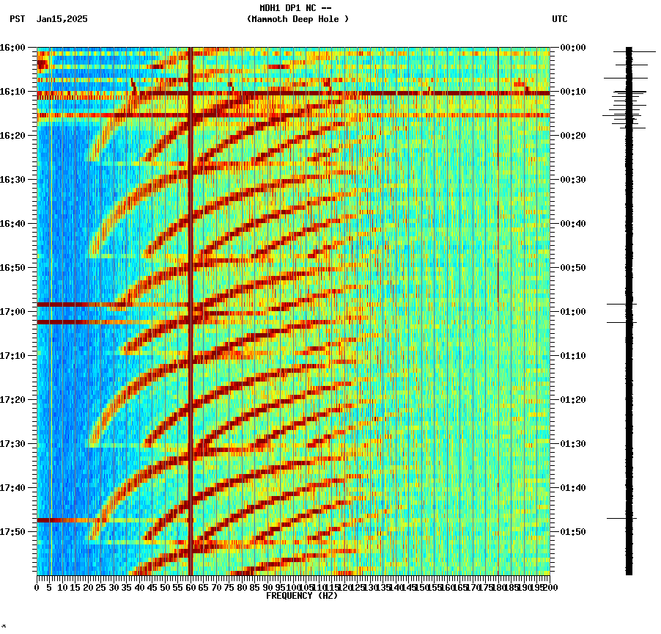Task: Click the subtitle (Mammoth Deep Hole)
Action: (298, 19)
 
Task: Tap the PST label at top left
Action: (18, 19)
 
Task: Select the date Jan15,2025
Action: (62, 19)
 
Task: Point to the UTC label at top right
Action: (560, 19)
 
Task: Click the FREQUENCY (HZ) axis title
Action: (302, 596)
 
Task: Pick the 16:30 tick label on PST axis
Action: (12, 180)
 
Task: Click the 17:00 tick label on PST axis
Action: (12, 312)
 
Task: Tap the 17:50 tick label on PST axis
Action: (12, 532)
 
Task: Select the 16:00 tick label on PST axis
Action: (12, 48)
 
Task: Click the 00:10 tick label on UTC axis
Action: (572, 92)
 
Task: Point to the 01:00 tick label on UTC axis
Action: (572, 312)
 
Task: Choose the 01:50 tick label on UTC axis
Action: (572, 532)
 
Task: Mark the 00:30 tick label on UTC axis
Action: (572, 180)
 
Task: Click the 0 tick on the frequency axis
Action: (37, 588)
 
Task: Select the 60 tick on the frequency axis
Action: (191, 588)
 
